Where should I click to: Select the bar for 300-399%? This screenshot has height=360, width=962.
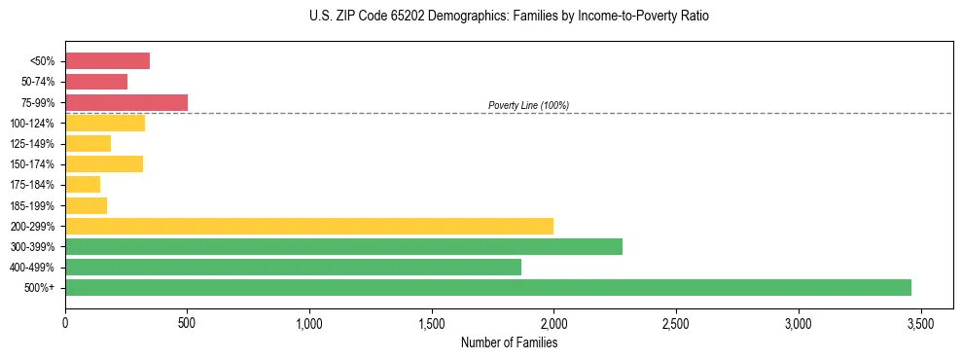coord(343,246)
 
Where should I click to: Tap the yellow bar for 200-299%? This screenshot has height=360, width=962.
coord(309,226)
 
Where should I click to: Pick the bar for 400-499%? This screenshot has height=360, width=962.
coord(293,267)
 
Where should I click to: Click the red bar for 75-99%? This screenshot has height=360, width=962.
coord(126,102)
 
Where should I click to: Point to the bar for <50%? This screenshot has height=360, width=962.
coord(107,61)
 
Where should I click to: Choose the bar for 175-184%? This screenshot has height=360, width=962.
coord(83,184)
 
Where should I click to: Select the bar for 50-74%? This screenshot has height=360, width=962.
coord(96,82)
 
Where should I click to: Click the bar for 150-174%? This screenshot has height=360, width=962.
coord(104,163)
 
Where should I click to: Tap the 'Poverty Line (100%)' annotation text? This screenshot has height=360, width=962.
coord(528,105)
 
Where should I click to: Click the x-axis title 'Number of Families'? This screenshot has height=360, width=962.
coord(509,342)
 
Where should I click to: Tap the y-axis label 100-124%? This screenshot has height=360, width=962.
coord(31,124)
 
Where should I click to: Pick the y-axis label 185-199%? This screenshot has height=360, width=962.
coord(31,205)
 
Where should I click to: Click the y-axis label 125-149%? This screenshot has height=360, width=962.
coord(31,144)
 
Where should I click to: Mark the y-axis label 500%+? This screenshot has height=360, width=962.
coord(39,287)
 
